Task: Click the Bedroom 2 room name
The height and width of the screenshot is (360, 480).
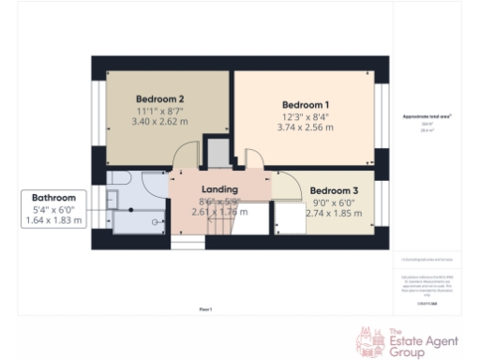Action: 159,98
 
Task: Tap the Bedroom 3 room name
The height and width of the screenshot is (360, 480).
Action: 333,188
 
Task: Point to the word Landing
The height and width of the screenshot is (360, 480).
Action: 220,189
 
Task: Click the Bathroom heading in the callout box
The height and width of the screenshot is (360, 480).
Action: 53,198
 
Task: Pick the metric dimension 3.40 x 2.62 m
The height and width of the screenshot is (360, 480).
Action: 159,122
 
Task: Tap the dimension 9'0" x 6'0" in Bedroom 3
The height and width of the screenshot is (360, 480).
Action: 333,201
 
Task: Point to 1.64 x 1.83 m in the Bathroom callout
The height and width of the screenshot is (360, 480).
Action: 53,220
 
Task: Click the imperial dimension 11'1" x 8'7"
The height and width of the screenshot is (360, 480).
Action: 159,111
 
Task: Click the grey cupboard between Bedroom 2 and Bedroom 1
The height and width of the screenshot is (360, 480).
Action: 217,152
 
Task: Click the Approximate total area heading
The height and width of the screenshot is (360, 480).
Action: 427,116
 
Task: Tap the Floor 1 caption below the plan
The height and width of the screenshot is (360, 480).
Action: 204,308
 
